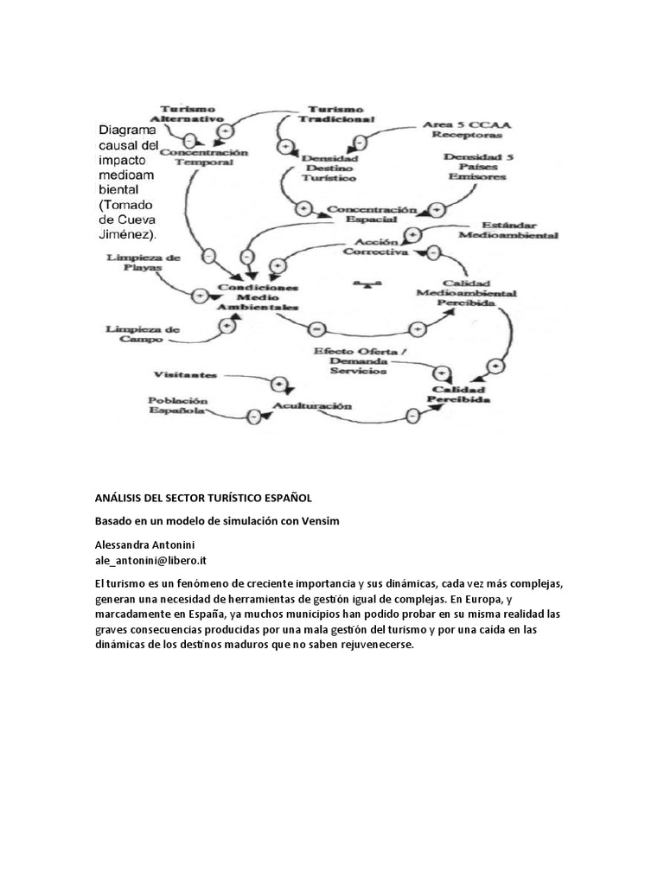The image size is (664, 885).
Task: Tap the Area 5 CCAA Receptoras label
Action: click(x=467, y=130)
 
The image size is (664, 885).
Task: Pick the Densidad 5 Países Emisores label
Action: click(x=476, y=166)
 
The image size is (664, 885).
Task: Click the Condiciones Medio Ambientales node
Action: click(x=259, y=296)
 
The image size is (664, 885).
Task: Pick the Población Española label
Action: click(x=177, y=406)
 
